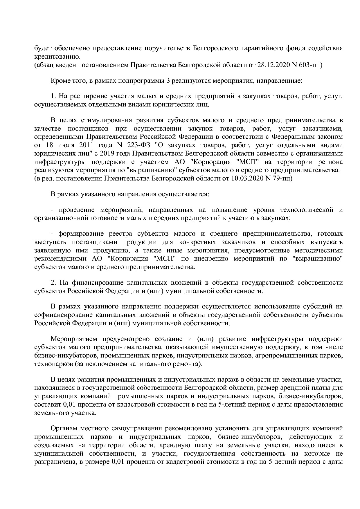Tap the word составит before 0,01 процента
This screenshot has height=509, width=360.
[47, 405]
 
